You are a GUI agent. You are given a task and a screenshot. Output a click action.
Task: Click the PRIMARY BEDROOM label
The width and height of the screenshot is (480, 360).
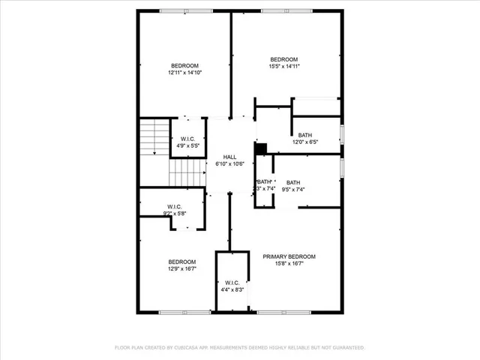tap(289, 256)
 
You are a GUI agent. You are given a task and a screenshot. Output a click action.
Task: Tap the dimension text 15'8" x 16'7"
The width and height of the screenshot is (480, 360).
tap(289, 263)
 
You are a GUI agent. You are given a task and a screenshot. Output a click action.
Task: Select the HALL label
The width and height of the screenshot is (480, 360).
tap(229, 157)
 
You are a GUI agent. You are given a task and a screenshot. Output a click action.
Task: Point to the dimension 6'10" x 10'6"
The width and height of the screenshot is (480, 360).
tap(229, 163)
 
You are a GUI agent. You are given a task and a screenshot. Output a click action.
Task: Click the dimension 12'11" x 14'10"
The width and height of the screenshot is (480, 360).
tap(184, 73)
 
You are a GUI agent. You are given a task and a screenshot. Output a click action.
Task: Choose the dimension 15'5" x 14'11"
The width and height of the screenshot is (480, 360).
tap(284, 67)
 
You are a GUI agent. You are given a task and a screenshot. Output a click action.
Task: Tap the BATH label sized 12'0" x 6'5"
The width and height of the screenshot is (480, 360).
tap(305, 135)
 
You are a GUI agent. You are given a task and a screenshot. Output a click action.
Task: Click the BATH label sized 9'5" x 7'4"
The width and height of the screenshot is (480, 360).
tap(293, 182)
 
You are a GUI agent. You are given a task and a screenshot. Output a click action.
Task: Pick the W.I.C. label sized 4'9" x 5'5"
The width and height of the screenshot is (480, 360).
tap(188, 139)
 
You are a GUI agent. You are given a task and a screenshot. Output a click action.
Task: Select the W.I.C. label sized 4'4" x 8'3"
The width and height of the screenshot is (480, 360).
tap(232, 282)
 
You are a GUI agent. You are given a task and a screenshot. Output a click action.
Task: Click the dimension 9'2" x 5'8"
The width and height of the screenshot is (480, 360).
tap(175, 214)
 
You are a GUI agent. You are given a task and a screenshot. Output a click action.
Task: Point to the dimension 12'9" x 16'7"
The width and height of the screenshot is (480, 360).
tap(182, 268)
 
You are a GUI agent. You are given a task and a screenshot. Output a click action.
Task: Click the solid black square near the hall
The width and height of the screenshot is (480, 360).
tap(261, 148)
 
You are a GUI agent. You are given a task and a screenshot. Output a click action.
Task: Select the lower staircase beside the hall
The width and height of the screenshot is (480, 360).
tap(186, 175)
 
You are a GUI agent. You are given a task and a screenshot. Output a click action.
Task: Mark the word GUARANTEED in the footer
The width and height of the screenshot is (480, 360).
tap(346, 348)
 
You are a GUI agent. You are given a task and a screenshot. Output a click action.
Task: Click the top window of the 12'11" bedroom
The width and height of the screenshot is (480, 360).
tap(184, 10)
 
